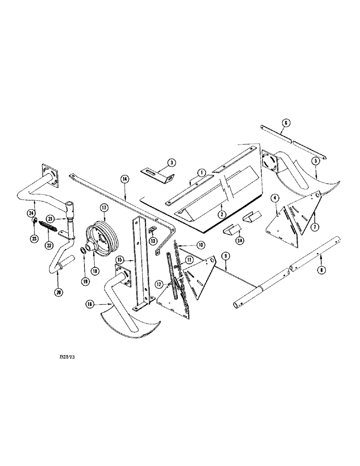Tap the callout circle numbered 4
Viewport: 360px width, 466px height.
point(276,198)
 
